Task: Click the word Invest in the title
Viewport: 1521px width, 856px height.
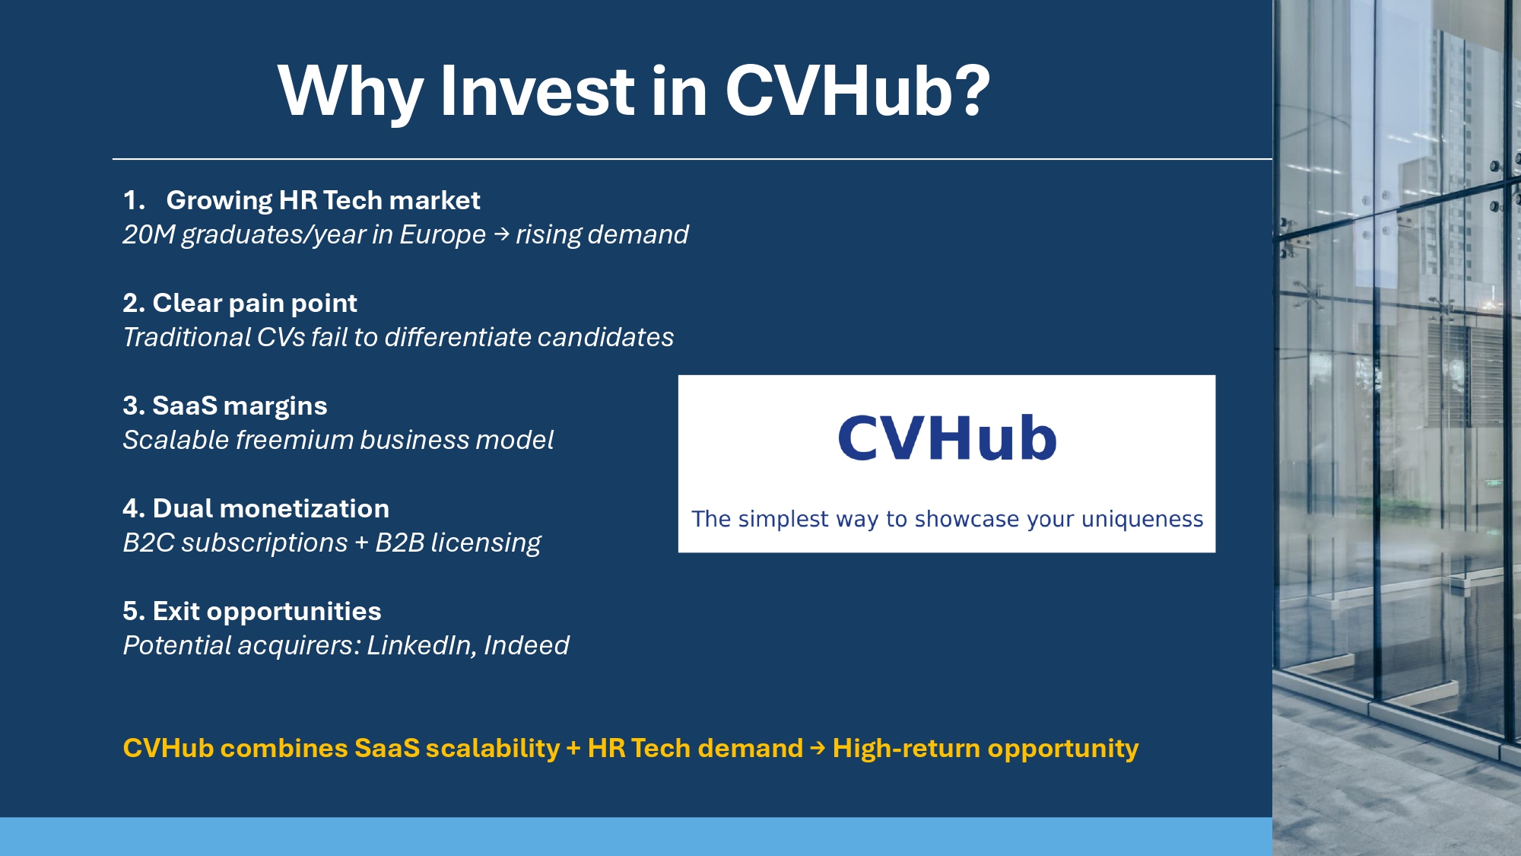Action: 536,91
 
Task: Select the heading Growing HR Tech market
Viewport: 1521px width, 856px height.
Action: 322,200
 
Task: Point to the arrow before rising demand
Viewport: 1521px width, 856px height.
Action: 501,234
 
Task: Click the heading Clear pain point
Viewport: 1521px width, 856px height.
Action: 254,303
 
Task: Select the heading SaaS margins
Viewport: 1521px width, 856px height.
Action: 239,406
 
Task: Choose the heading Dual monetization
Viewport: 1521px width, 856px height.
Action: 270,508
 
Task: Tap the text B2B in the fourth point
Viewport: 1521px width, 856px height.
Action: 399,543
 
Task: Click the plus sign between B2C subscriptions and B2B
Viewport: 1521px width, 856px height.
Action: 361,543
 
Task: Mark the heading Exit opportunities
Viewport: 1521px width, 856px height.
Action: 266,611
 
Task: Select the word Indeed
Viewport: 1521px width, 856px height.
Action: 526,645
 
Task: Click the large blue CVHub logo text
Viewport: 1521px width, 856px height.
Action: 947,438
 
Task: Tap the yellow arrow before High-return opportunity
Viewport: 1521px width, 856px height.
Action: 818,749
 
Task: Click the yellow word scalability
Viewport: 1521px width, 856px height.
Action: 492,749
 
